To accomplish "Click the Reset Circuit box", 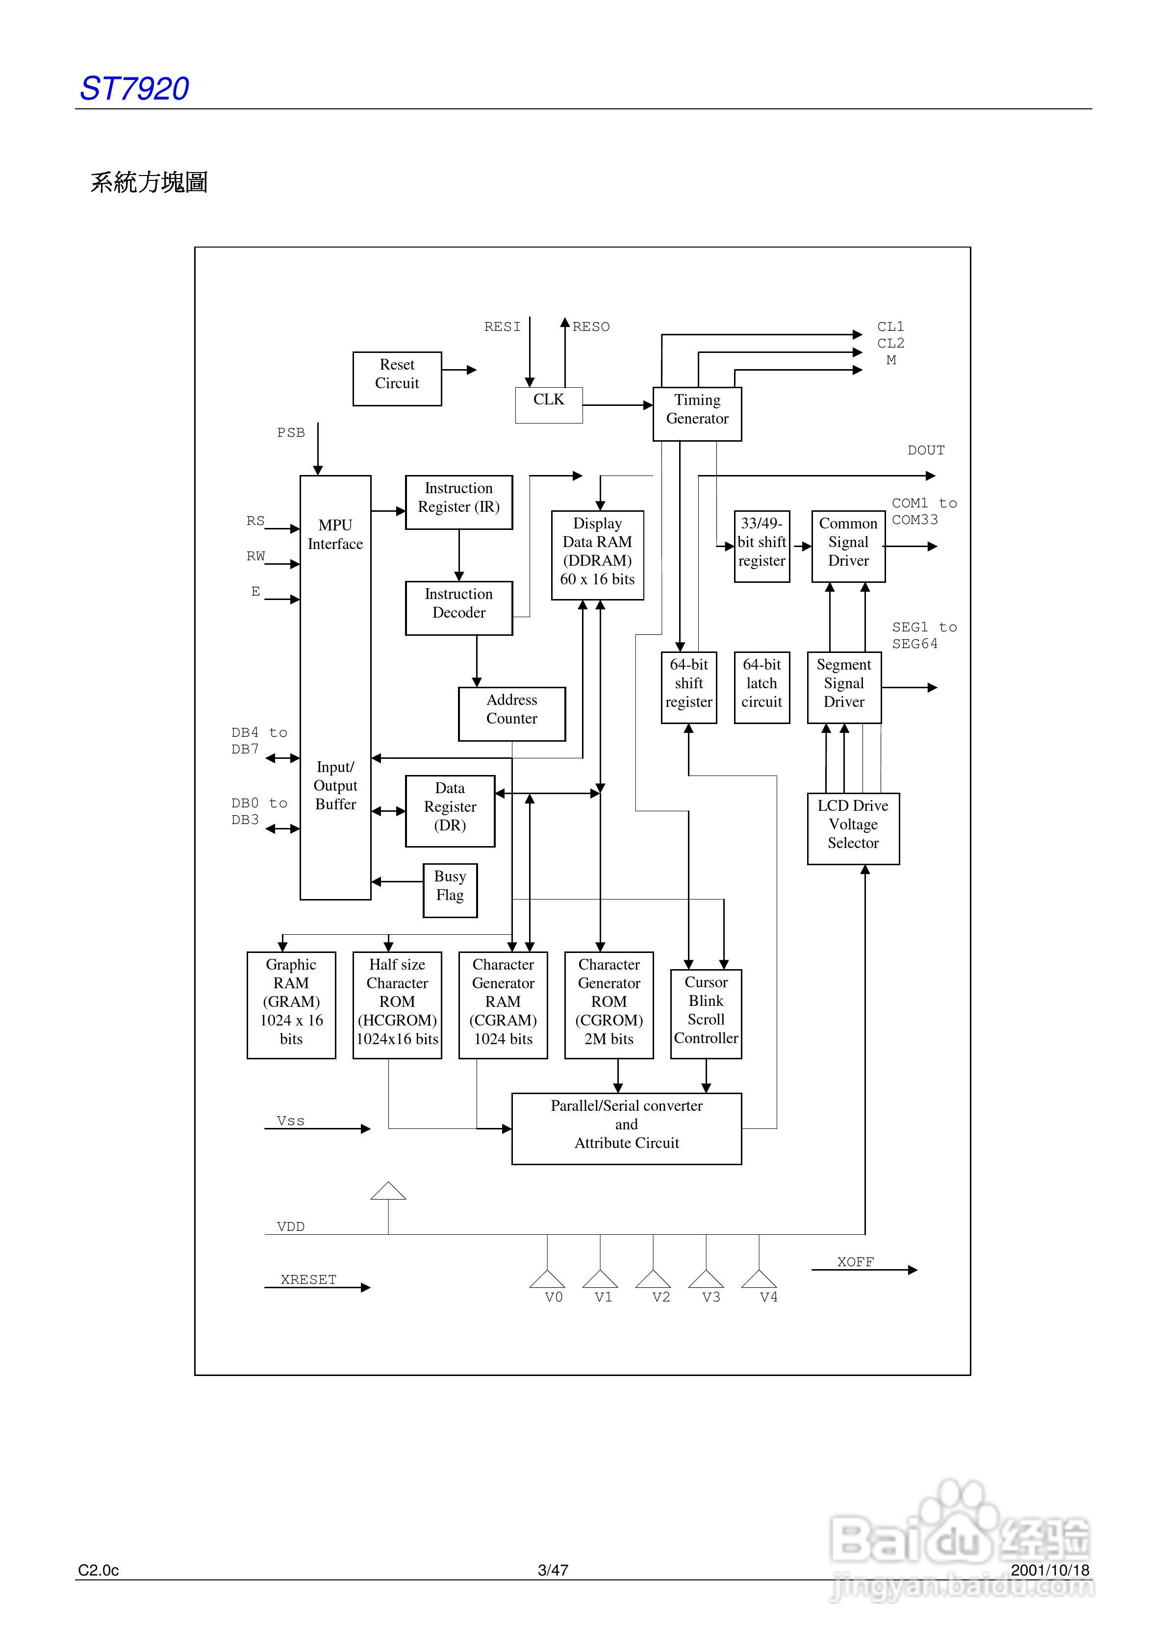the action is click(397, 378).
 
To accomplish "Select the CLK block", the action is click(549, 405).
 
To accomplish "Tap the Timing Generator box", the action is click(697, 413).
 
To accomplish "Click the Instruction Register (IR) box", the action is click(459, 502).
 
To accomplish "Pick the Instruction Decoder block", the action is click(459, 608).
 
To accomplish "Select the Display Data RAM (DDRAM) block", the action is click(597, 554).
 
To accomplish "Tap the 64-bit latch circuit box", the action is click(762, 687).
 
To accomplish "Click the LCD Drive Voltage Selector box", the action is click(853, 828).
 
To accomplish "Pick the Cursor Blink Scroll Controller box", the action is click(706, 1014).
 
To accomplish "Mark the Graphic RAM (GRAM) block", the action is click(291, 1004).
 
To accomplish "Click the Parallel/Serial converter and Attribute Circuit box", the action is click(627, 1128).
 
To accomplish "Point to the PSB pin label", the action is click(291, 432).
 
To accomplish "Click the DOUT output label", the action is click(926, 450).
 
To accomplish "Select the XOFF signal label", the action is click(856, 1262).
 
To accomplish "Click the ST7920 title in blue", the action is click(134, 88).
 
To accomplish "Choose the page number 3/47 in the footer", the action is click(553, 1570).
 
